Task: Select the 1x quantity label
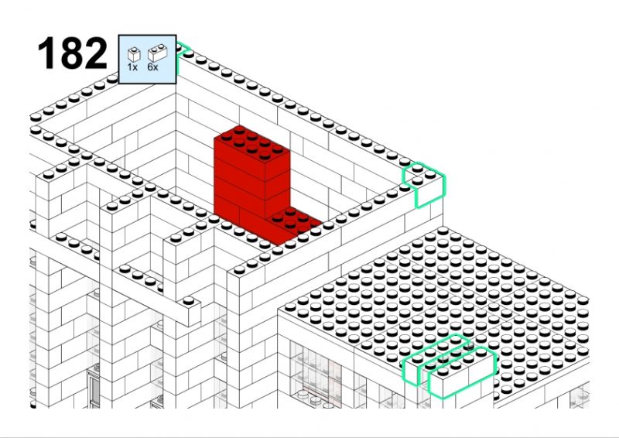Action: click(x=132, y=67)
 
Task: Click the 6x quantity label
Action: click(x=152, y=67)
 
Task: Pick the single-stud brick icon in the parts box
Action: click(x=134, y=54)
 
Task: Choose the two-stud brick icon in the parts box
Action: click(x=158, y=53)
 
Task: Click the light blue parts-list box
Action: click(x=147, y=60)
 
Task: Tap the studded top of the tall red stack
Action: click(x=251, y=142)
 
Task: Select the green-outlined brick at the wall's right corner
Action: click(x=423, y=185)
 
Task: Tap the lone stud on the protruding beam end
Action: click(x=189, y=300)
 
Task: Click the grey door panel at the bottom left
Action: click(x=93, y=389)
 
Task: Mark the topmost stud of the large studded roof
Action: click(x=443, y=231)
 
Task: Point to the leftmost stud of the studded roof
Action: click(x=290, y=307)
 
